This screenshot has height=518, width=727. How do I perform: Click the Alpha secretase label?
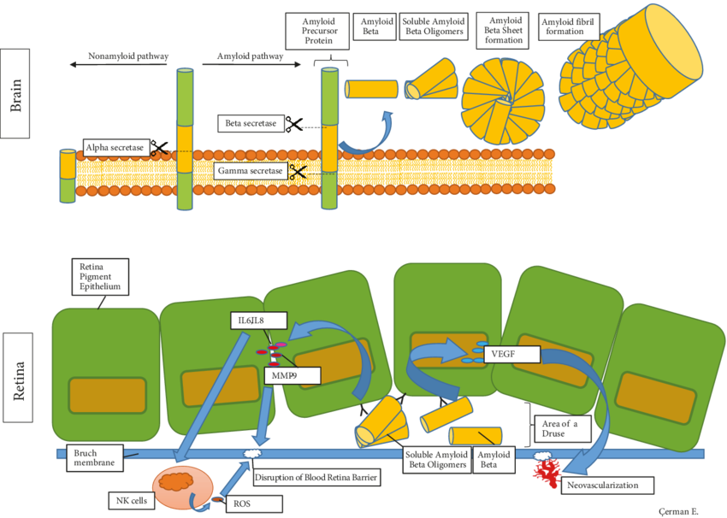[x=116, y=148]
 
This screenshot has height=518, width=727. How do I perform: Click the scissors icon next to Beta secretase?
[x=294, y=125]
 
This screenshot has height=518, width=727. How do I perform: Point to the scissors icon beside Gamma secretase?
[x=298, y=172]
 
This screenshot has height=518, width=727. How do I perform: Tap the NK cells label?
[x=129, y=498]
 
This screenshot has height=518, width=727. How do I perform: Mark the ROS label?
[x=243, y=504]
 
